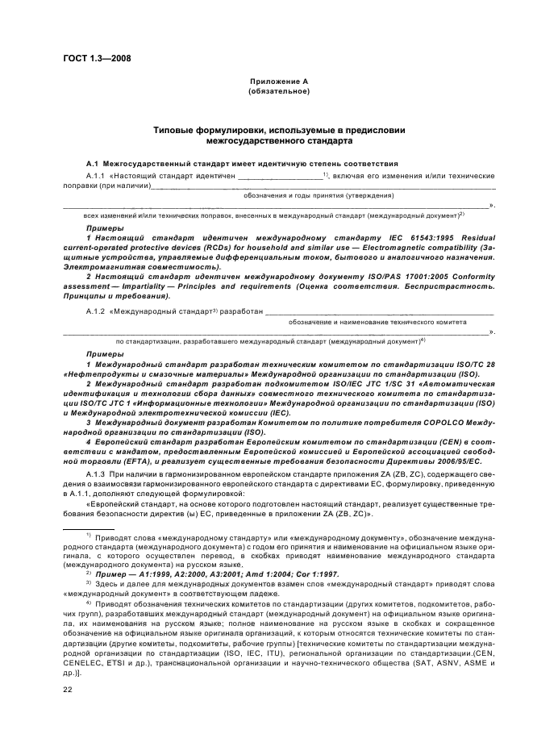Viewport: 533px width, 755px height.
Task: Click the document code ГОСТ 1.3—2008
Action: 96,58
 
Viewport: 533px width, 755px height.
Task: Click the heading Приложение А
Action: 279,82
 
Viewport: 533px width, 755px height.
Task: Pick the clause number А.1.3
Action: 96,477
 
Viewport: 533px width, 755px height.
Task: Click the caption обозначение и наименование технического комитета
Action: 377,321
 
